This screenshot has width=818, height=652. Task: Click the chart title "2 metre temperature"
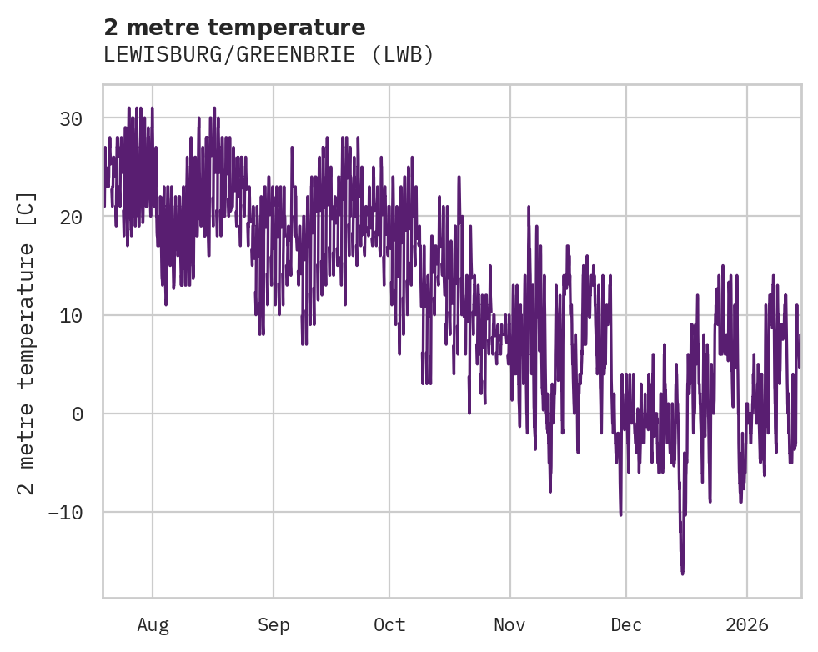pyautogui.click(x=234, y=28)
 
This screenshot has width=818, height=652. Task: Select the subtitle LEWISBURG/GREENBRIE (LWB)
pyautogui.click(x=268, y=55)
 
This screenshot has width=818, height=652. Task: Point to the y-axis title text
pyautogui.click(x=27, y=343)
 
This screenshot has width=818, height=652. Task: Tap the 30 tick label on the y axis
pyautogui.click(x=70, y=118)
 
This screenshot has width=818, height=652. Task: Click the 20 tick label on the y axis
pyautogui.click(x=70, y=217)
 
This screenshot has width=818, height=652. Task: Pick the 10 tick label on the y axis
pyautogui.click(x=70, y=315)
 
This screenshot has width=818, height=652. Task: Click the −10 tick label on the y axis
pyautogui.click(x=65, y=512)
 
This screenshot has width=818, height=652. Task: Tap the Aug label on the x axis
pyautogui.click(x=153, y=625)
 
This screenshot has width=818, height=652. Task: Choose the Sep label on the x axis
pyautogui.click(x=274, y=625)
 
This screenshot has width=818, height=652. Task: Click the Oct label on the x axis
pyautogui.click(x=389, y=625)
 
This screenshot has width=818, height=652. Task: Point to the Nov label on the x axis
pyautogui.click(x=509, y=625)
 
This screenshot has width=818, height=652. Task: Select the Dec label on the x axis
pyautogui.click(x=626, y=625)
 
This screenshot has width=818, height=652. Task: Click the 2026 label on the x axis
pyautogui.click(x=747, y=625)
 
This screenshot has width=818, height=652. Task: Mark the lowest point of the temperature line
pyautogui.click(x=682, y=574)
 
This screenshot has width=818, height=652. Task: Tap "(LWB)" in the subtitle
pyautogui.click(x=404, y=55)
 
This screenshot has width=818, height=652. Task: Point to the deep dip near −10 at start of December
pyautogui.click(x=620, y=514)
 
